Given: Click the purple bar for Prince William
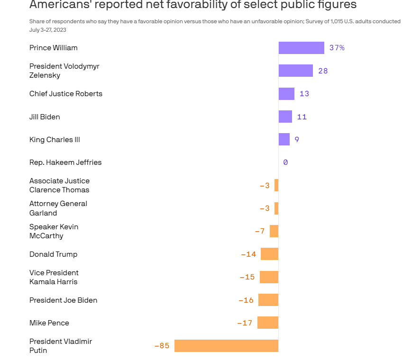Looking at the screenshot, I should click(301, 48).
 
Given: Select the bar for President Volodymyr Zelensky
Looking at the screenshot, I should click(295, 71).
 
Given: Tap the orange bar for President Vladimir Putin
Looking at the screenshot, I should click(226, 346).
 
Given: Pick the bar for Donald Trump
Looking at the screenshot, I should click(269, 254).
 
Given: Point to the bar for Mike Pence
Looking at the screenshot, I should click(268, 323).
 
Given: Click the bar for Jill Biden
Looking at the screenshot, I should click(285, 117).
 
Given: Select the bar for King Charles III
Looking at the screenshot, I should click(284, 139).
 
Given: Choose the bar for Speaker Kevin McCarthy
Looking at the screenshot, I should click(274, 231).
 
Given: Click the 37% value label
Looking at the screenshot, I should click(337, 48).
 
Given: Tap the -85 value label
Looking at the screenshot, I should click(162, 346).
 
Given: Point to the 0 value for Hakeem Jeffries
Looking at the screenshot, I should click(285, 162).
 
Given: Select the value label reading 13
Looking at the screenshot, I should click(304, 94).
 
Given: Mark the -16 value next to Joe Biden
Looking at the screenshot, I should click(246, 300).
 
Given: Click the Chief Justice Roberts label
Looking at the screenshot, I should click(66, 94).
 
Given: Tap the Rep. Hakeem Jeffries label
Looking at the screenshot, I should click(65, 162).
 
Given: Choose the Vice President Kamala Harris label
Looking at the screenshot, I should click(54, 277).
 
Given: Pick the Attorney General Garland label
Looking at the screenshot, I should click(58, 208).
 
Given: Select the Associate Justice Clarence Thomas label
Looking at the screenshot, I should click(59, 185).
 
